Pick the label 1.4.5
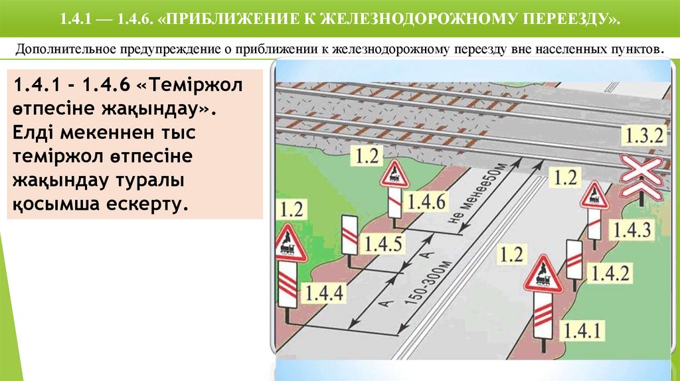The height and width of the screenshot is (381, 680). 382,244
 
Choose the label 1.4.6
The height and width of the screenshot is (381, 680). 427,201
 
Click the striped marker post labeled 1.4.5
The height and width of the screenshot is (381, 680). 349,234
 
